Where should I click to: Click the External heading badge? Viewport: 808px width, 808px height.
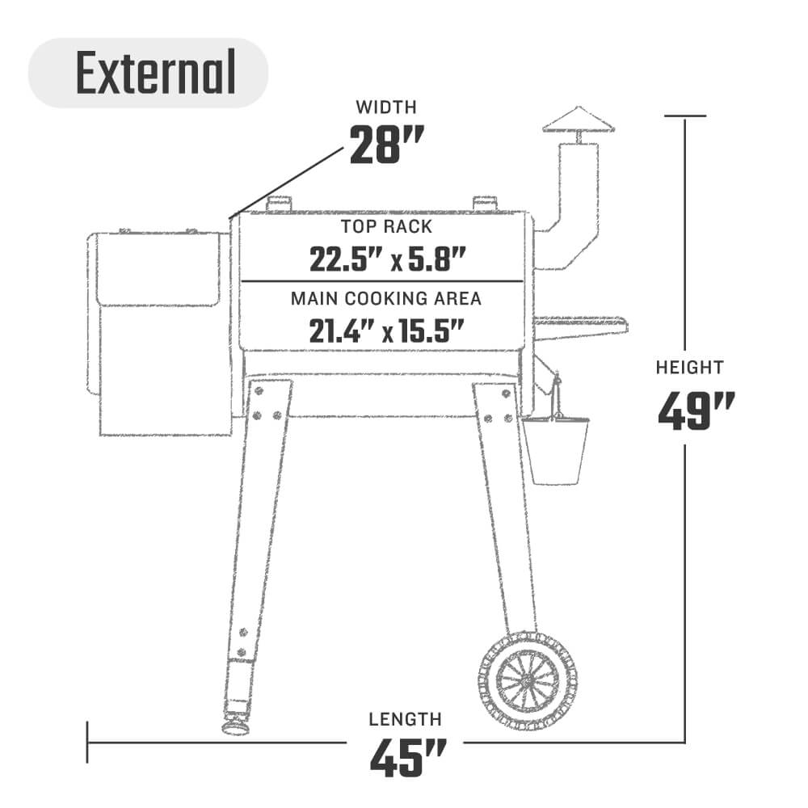149,73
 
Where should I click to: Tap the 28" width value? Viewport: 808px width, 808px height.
386,145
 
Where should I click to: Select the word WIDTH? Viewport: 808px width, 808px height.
386,107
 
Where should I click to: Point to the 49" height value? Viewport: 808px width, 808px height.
696,410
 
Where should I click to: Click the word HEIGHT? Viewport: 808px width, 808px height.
689,368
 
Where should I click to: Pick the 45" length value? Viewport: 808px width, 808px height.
407,758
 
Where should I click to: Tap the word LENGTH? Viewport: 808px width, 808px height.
405,719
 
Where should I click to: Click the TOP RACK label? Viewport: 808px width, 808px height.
386,227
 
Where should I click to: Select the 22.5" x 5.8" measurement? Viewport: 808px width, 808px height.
388,259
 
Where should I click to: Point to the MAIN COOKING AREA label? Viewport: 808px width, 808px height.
386,298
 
